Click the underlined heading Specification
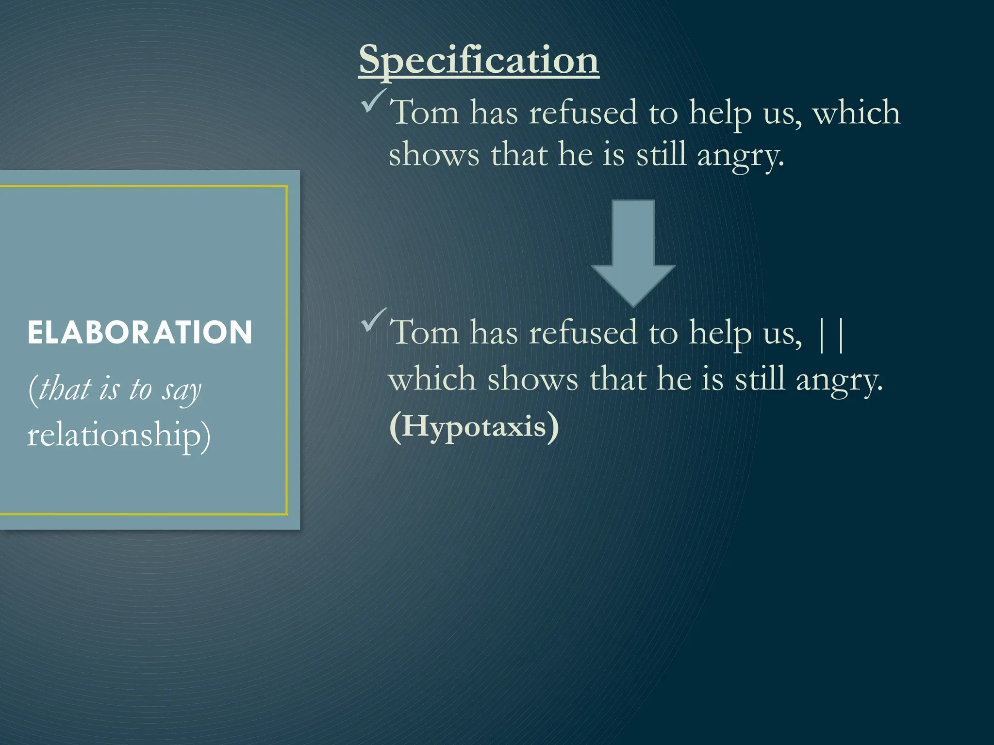[479, 60]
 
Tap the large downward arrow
[633, 252]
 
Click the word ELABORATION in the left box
[140, 333]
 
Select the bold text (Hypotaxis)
[474, 427]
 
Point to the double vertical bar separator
[831, 335]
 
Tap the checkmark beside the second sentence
[374, 320]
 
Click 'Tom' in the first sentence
[424, 113]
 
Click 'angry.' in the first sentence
[741, 156]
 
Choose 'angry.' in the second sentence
[839, 380]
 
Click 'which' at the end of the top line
[856, 113]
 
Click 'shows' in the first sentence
[434, 155]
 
